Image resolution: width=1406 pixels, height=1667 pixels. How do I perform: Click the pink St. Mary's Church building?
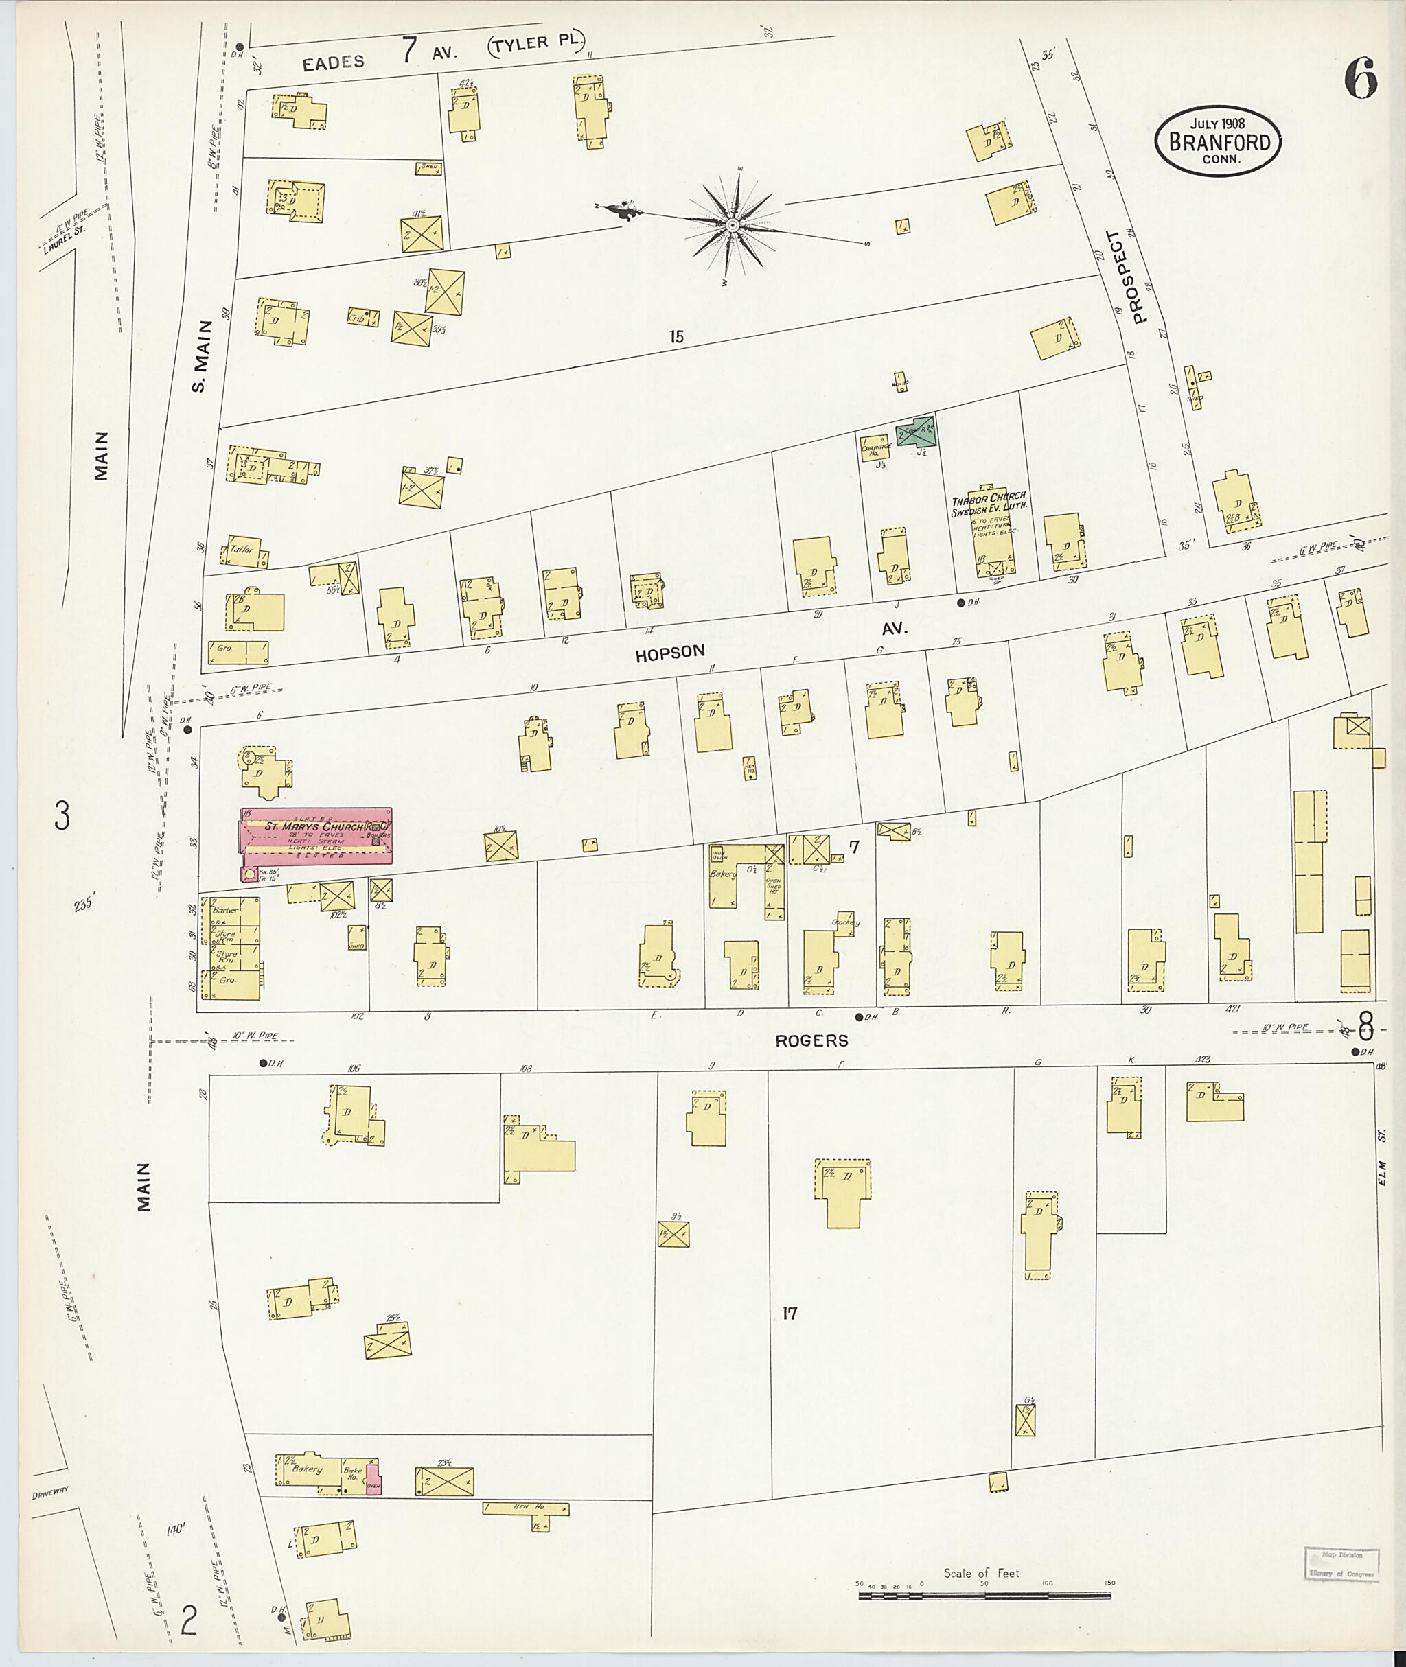point(316,843)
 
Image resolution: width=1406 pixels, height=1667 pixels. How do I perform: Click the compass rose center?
point(732,226)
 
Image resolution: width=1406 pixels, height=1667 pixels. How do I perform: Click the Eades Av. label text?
point(333,62)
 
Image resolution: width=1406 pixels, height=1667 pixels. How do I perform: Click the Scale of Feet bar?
point(984,1596)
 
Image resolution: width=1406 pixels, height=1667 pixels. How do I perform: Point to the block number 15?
point(676,337)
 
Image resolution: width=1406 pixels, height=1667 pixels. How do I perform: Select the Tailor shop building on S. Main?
point(246,550)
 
